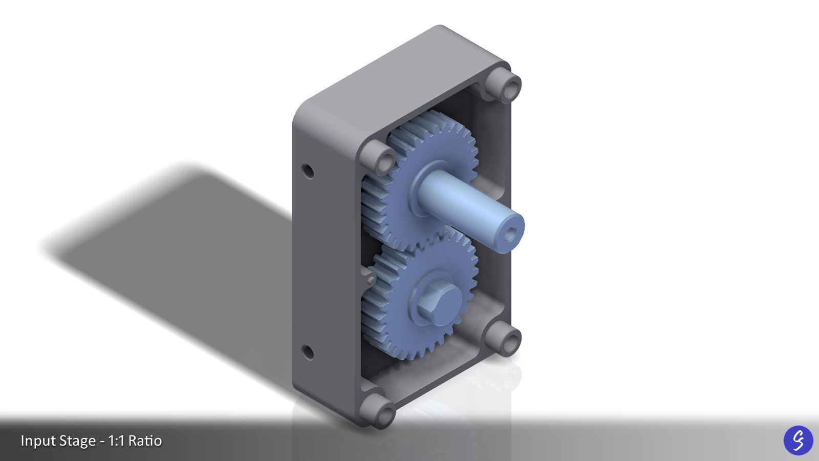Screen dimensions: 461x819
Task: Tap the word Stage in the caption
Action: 77,441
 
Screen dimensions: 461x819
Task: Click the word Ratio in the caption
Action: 145,441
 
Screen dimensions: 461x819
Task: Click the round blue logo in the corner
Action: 798,440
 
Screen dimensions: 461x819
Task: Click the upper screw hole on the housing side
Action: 308,171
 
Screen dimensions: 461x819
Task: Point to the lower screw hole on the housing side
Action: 308,352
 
